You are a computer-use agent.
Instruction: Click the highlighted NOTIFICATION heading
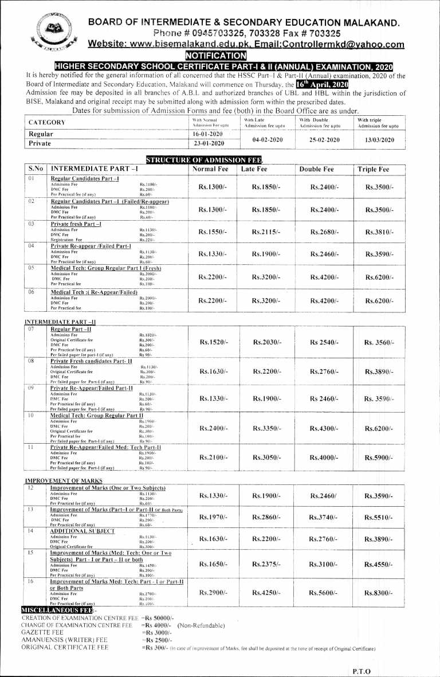215,56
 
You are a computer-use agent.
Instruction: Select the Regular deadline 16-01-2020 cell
208,133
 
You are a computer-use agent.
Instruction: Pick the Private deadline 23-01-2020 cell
209,143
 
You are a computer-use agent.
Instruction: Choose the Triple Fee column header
373,170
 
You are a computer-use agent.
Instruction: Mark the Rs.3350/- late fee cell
268,428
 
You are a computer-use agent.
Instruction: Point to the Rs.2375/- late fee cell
266,565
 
